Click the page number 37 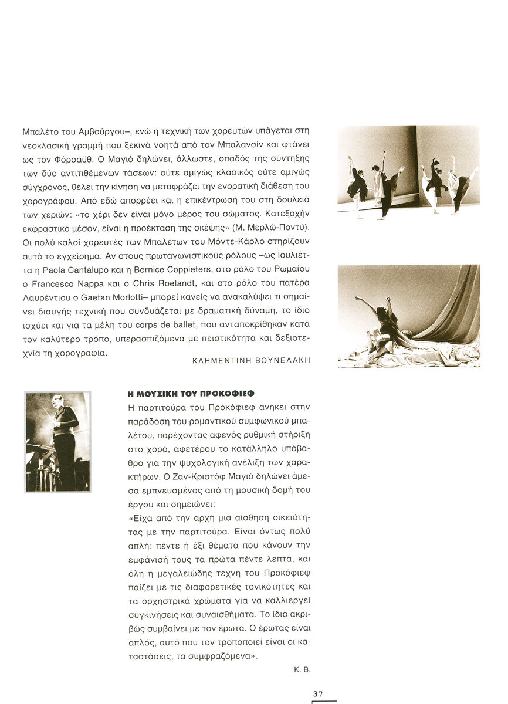tap(318, 693)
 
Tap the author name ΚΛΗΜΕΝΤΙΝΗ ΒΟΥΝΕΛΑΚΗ tap(251, 361)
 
